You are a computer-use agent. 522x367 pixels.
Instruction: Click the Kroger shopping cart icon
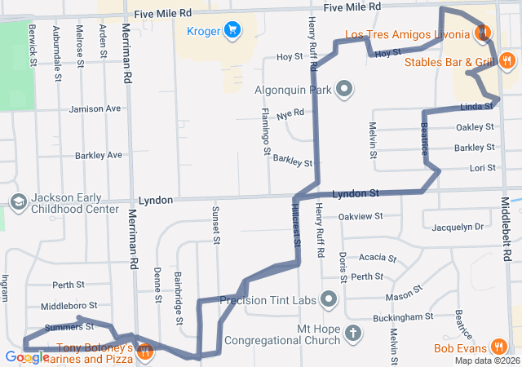[232, 29]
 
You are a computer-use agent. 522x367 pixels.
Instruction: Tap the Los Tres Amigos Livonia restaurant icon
[483, 33]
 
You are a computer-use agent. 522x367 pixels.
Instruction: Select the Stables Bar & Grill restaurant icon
[507, 60]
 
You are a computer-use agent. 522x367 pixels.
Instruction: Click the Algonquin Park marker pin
[344, 89]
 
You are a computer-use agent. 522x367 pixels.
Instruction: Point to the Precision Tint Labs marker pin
[329, 300]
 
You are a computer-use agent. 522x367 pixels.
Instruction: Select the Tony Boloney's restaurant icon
[144, 352]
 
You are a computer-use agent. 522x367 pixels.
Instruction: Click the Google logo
[26, 357]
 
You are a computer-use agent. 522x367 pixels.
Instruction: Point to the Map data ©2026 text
[486, 360]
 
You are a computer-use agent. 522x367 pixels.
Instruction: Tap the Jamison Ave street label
[95, 108]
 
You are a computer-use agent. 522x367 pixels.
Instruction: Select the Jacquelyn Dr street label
[458, 227]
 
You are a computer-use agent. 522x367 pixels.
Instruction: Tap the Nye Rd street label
[290, 113]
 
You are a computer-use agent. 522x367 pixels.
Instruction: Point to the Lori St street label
[482, 168]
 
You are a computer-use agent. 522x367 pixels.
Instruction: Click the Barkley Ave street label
[99, 154]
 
